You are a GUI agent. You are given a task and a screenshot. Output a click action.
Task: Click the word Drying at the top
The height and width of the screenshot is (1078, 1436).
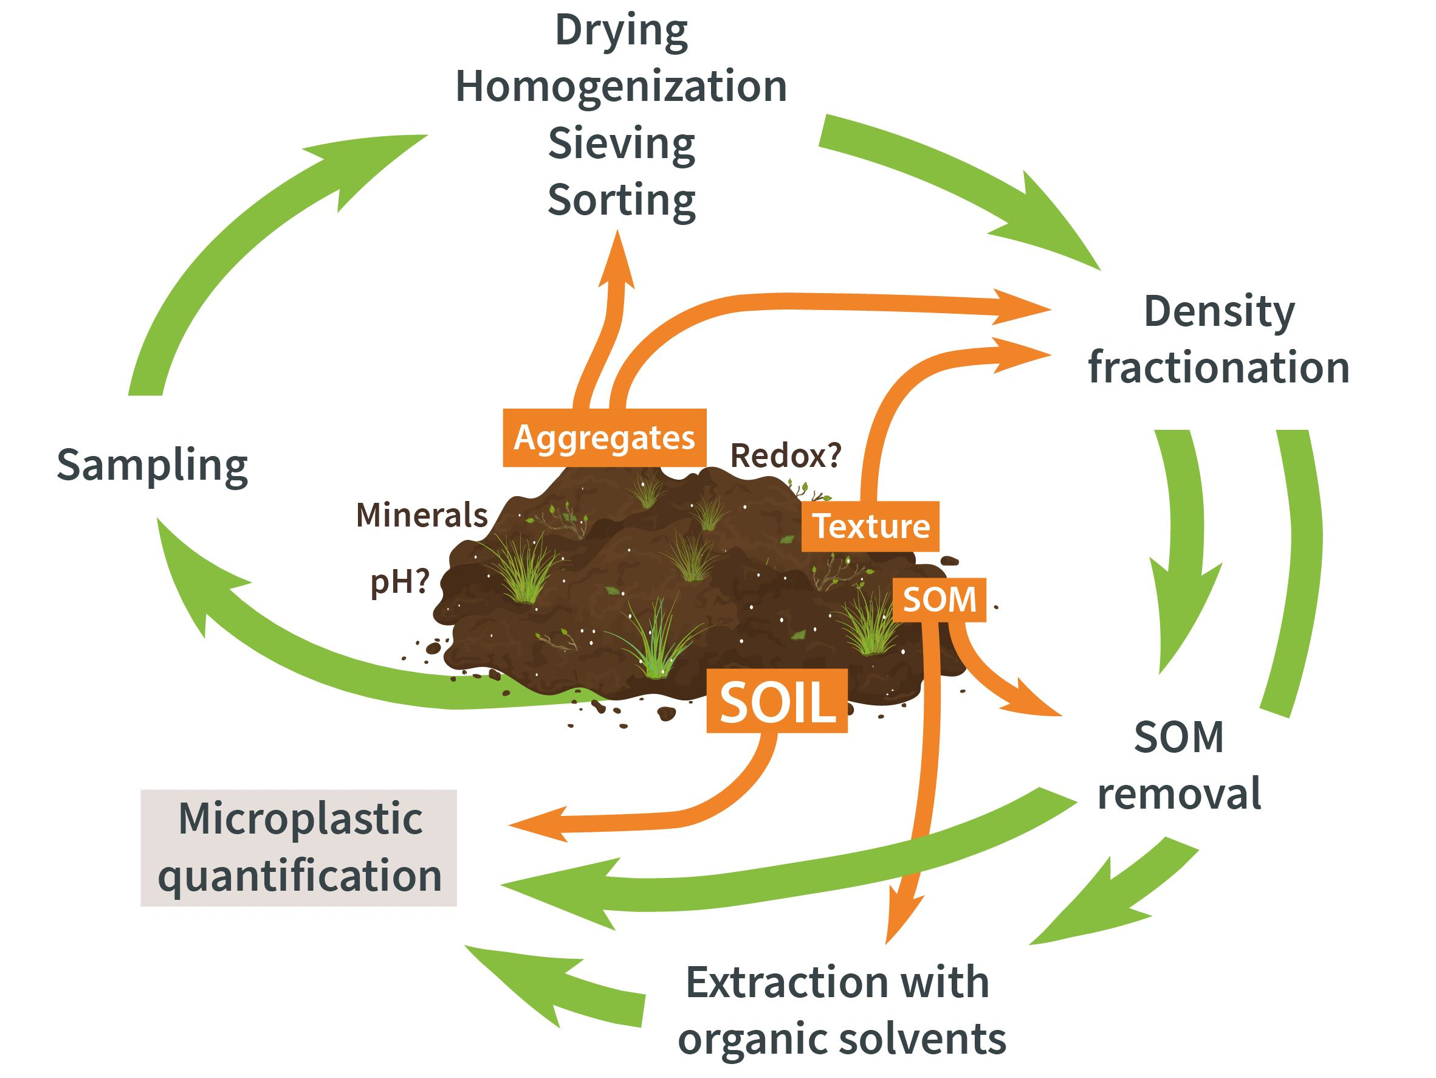coord(621,31)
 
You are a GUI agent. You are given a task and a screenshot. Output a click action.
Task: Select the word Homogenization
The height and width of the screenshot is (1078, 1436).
coord(621,87)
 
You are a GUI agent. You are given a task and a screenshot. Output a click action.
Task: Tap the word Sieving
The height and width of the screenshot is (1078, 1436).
coord(621,143)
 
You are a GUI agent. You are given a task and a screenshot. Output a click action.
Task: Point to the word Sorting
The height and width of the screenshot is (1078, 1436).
coord(621,200)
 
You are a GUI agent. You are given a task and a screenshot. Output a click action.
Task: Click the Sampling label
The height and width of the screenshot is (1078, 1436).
coord(153,466)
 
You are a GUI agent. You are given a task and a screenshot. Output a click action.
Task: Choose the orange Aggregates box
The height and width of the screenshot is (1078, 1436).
coord(605,438)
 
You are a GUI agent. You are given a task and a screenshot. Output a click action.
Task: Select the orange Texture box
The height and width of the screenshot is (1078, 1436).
coord(871,526)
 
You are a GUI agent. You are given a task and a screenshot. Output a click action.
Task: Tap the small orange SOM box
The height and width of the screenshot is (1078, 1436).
coord(940,599)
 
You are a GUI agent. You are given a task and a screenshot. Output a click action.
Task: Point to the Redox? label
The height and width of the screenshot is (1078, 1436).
coord(786,456)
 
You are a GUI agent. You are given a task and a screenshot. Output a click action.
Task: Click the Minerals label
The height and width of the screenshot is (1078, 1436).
coord(422,516)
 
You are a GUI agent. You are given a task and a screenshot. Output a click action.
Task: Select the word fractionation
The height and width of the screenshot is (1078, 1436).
coord(1218,368)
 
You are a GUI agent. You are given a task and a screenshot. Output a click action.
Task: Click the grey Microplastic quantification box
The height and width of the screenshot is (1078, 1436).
coord(298,848)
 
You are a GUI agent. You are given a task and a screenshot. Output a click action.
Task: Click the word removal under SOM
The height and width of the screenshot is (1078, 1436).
coord(1179,793)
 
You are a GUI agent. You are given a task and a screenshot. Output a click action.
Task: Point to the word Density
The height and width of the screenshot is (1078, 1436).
coord(1218,312)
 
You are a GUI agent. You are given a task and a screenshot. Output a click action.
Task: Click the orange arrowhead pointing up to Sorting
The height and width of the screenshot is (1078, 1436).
coord(617,260)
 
